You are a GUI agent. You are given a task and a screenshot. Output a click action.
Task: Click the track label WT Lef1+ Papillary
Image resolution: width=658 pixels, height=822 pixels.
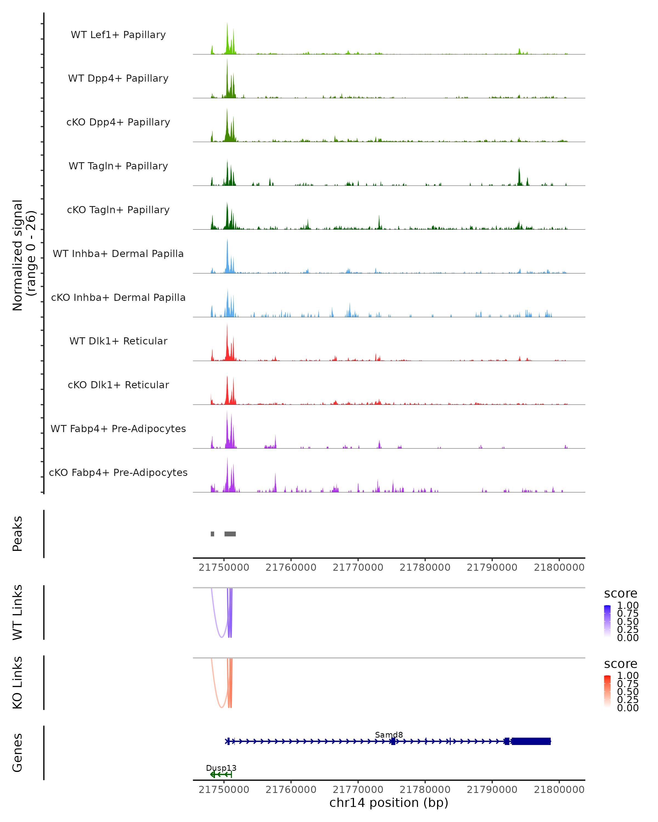[x=118, y=35]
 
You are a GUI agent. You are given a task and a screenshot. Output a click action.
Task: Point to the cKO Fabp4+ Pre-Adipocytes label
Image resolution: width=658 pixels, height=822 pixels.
[x=118, y=472]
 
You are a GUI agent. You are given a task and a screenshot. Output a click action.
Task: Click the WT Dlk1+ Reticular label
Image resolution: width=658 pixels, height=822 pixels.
[x=118, y=341]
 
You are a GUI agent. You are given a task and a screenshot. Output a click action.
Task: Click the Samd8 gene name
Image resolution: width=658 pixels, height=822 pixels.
[x=389, y=735]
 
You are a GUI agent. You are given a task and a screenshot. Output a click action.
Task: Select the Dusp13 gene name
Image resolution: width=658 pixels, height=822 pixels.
[x=221, y=768]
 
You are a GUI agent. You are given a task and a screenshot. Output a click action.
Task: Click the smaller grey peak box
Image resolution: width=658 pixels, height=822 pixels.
[x=212, y=534]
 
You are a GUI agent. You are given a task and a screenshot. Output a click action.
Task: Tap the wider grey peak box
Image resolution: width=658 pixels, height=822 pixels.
[x=230, y=534]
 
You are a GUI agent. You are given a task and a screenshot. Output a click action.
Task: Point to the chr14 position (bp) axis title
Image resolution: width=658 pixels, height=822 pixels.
[x=389, y=803]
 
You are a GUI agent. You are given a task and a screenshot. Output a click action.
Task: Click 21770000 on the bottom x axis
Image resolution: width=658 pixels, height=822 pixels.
[x=358, y=790]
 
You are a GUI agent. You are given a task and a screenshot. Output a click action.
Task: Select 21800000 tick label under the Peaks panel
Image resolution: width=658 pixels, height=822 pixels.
[x=559, y=567]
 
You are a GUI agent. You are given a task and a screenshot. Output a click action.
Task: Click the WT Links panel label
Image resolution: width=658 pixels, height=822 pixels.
[x=18, y=612]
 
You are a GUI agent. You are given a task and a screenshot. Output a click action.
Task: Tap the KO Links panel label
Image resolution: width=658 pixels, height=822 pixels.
[x=18, y=683]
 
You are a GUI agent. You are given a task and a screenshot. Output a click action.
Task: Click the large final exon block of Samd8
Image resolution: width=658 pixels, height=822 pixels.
[x=531, y=741]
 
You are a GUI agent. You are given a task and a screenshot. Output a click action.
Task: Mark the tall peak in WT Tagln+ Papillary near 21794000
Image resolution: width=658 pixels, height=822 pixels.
[x=519, y=176]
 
